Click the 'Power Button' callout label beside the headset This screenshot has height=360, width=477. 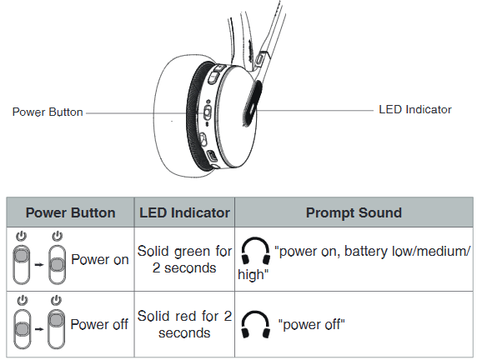coord(48,112)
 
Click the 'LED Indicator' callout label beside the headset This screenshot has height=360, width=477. coord(415,109)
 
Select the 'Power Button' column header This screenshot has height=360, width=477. coord(70,212)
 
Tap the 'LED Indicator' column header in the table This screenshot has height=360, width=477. coord(184,212)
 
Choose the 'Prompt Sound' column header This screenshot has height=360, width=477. coord(354,212)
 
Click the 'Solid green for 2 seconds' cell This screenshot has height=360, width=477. coord(184,259)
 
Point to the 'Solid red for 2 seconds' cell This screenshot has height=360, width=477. coord(184,324)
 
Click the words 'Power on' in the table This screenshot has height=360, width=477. coord(100,260)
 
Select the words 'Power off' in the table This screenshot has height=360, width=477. coord(99,324)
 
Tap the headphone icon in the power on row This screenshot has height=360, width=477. coord(255,251)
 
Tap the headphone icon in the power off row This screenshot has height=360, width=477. coord(255,324)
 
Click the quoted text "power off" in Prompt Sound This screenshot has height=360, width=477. coord(312,325)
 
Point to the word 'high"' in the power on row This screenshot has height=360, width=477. coord(254,274)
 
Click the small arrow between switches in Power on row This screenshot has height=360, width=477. coord(39,265)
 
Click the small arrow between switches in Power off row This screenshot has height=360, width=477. coord(39,329)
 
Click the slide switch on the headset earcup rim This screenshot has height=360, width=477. coord(208,112)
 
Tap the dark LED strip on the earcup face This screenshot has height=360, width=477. coord(253,103)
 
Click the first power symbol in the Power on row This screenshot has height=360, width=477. coord(22,237)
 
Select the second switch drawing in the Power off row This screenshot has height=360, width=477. coord(56,329)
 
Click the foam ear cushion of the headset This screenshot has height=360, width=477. coord(170,116)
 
